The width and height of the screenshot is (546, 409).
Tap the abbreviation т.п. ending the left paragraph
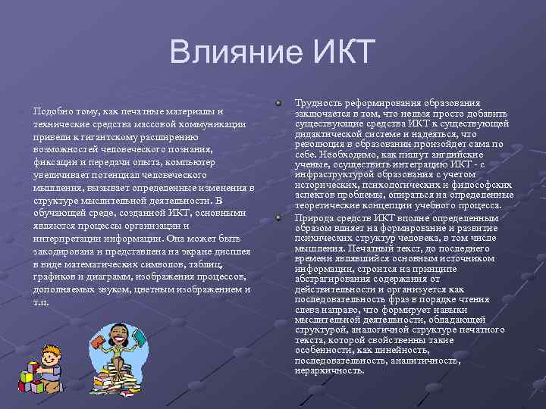click(x=42, y=301)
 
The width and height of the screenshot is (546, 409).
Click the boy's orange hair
click(x=52, y=350)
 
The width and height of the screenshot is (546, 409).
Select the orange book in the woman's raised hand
click(x=99, y=341)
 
